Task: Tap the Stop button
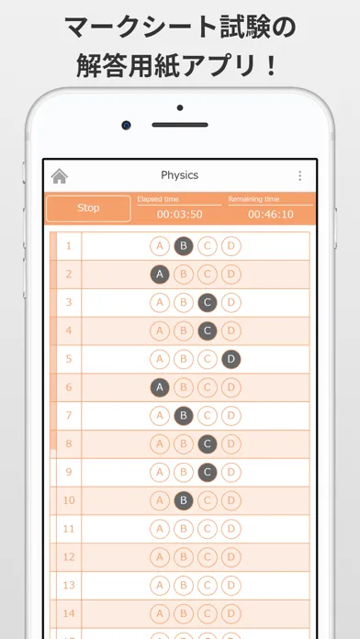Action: pos(88,208)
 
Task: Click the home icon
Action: pos(59,176)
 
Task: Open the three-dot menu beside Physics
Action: pos(299,175)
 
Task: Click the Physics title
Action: pos(179,175)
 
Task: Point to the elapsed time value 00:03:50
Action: pos(179,214)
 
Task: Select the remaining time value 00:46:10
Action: pos(271,214)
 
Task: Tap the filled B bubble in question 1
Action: pos(184,246)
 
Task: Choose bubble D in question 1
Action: pos(231,246)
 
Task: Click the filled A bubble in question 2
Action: pos(160,275)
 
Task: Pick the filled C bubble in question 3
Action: pos(208,303)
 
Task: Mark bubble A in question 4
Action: pos(160,331)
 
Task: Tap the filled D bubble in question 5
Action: pos(231,359)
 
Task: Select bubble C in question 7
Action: pos(208,416)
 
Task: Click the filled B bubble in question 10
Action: pos(184,500)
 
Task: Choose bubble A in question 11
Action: pos(160,529)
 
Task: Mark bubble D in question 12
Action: pos(231,557)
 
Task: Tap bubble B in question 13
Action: pos(184,585)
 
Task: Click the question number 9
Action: pos(69,472)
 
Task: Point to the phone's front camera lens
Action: pos(126,125)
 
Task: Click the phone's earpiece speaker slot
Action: pos(180,125)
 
